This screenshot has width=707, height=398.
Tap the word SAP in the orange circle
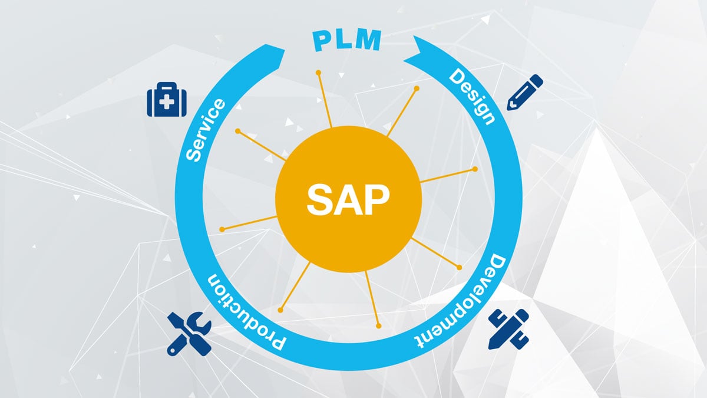coord(348,200)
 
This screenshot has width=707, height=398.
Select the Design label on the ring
coord(472,96)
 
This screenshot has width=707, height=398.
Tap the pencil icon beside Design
coord(524,91)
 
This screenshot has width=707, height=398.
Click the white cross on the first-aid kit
coord(166,104)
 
